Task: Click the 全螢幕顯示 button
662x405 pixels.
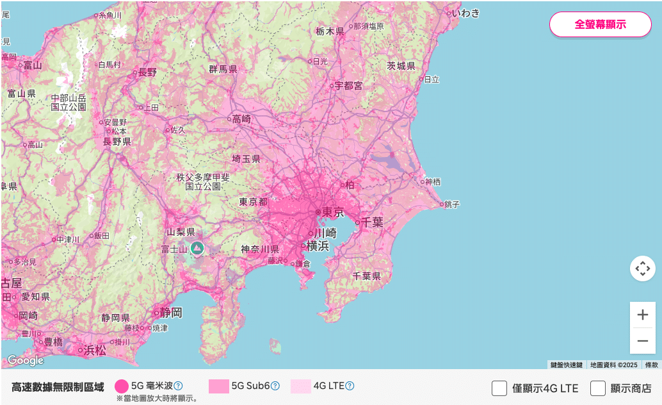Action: (600, 24)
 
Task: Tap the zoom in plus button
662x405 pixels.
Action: (642, 315)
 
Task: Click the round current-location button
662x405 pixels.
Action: (642, 268)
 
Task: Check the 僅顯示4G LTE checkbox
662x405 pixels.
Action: (499, 388)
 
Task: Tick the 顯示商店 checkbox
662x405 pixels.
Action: (598, 388)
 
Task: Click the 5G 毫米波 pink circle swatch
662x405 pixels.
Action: (122, 386)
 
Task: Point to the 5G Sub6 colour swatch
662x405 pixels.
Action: (218, 386)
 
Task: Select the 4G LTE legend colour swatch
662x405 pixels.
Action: (300, 386)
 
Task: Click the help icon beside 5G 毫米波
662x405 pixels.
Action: (179, 386)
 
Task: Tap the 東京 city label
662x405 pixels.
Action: (332, 212)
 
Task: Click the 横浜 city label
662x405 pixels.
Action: (318, 245)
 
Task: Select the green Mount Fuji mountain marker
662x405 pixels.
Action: (197, 248)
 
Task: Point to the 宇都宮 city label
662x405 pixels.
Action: (349, 85)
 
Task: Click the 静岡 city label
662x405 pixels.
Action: (171, 313)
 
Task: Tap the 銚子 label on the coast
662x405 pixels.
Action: (452, 204)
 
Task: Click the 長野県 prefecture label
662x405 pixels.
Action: (117, 142)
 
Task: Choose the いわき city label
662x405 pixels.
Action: (465, 13)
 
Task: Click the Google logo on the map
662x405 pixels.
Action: (26, 360)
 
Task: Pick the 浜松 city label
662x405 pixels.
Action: (95, 350)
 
